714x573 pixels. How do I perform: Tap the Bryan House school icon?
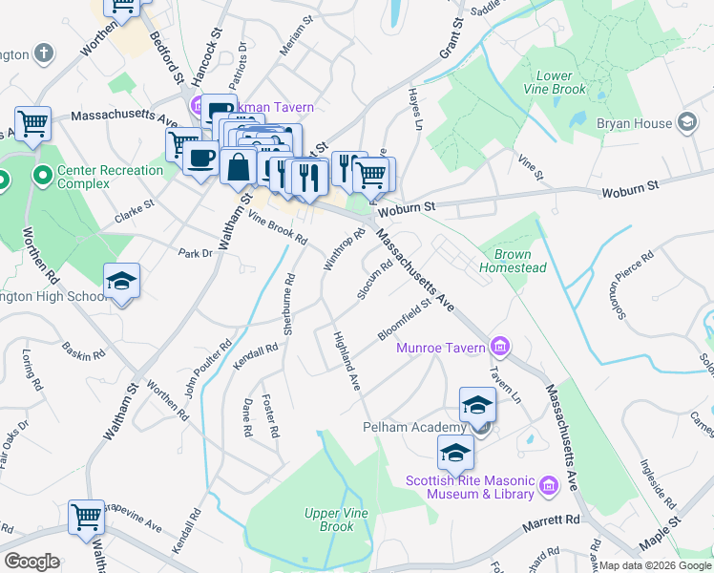pyautogui.click(x=686, y=122)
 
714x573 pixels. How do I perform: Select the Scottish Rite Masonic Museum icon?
pyautogui.click(x=548, y=486)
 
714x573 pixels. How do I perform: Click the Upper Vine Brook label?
pyautogui.click(x=329, y=520)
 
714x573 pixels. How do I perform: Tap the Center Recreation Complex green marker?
pyautogui.click(x=42, y=177)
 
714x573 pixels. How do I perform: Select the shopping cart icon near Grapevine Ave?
pyautogui.click(x=86, y=517)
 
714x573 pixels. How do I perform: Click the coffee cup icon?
pyautogui.click(x=200, y=158)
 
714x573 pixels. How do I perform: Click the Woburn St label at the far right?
pyautogui.click(x=630, y=192)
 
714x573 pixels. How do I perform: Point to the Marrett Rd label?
pyautogui.click(x=553, y=522)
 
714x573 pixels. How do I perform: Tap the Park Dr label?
pyautogui.click(x=194, y=253)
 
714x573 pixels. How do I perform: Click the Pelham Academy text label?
pyautogui.click(x=412, y=426)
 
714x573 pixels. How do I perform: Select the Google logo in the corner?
pyautogui.click(x=31, y=562)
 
